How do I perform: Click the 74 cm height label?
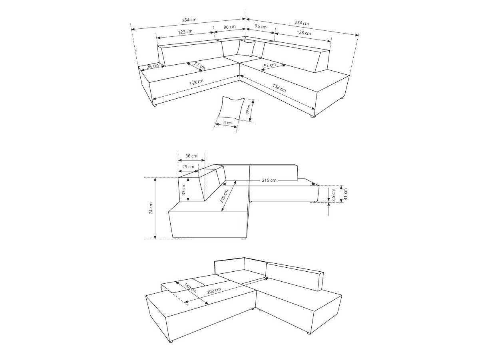151,209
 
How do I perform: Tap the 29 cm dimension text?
188,167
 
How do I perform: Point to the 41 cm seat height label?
345,194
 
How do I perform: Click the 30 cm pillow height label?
248,109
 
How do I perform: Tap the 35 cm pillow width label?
227,123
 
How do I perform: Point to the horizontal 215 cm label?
270,180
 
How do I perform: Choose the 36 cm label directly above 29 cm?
191,156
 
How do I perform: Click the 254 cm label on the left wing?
189,20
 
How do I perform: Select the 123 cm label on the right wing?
303,33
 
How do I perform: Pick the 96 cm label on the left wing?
229,27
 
